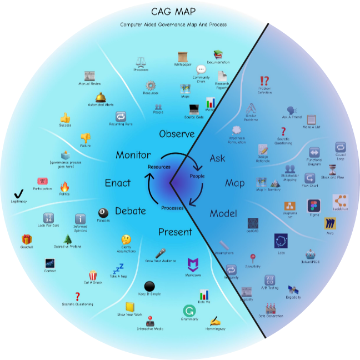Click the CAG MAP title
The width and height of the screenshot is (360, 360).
173,11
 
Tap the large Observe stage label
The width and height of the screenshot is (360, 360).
177,134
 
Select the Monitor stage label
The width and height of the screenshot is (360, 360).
133,155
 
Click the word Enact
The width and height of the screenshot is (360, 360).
118,183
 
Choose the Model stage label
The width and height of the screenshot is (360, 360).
223,214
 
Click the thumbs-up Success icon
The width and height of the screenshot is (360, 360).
66,118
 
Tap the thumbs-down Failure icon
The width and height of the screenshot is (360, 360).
86,137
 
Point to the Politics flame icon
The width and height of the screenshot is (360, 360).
64,187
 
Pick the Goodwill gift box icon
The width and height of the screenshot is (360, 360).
27,239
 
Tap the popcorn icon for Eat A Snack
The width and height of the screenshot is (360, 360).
93,274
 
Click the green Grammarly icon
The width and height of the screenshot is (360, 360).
189,311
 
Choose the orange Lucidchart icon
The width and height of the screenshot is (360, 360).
340,201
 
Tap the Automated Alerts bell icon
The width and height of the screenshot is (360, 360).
101,97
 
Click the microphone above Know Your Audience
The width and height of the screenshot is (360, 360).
160,253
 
